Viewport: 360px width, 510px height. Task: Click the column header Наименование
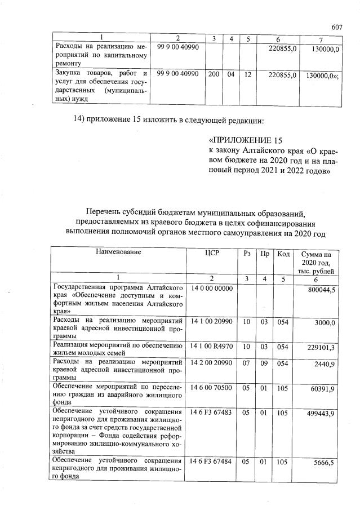tap(118, 252)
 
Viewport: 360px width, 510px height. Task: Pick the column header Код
tap(283, 253)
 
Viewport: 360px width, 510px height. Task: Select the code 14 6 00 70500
tap(214, 387)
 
